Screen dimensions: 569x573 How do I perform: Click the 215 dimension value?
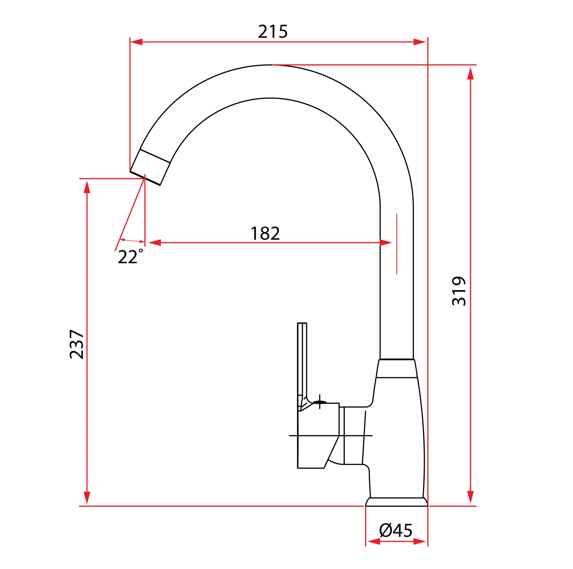tap(272, 32)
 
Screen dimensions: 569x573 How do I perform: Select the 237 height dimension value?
tap(76, 344)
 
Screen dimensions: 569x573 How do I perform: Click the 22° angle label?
tap(130, 257)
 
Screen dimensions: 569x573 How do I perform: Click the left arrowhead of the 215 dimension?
tap(136, 42)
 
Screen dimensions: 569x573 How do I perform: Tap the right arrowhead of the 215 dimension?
tap(419, 42)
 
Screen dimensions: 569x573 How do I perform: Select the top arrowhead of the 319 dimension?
tap(470, 73)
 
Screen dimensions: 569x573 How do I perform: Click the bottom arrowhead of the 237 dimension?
tap(87, 497)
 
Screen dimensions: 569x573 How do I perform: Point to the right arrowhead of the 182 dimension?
tap(386, 243)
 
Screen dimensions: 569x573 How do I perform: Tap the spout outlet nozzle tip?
tap(145, 178)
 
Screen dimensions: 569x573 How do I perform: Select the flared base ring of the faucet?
tap(397, 502)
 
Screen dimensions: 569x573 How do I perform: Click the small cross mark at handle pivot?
tap(319, 402)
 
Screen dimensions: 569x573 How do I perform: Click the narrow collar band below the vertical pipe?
tap(397, 368)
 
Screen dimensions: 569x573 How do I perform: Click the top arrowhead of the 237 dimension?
tap(87, 187)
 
